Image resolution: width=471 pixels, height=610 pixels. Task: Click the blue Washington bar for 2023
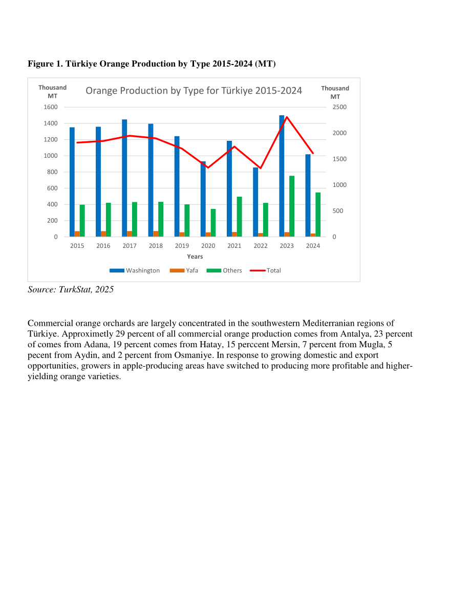point(282,176)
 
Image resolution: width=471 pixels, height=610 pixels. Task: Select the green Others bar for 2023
point(292,206)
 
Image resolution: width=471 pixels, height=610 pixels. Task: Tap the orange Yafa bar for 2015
point(77,234)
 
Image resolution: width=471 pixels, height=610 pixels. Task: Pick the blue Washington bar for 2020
point(203,199)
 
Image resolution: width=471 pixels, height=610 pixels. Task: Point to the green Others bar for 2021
point(239,217)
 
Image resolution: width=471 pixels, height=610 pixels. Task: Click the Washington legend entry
point(135,270)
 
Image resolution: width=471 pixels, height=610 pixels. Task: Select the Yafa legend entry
point(184,270)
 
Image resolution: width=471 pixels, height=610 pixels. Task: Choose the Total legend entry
point(265,270)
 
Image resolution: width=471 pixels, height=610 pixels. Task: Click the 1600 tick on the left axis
point(51,107)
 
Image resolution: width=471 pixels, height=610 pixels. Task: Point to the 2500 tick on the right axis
point(339,107)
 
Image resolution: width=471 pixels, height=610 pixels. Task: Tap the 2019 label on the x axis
point(182,246)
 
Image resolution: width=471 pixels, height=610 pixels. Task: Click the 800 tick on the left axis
point(53,172)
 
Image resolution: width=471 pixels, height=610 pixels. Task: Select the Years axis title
point(195,257)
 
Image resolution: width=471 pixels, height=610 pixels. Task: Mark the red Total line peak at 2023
point(287,117)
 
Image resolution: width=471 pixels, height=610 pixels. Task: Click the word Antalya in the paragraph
point(355,334)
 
